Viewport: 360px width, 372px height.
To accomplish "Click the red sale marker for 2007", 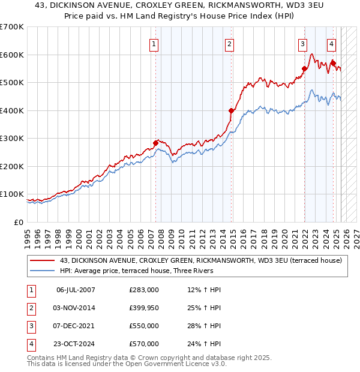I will coord(155,143).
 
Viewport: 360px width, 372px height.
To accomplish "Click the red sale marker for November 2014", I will coord(231,110).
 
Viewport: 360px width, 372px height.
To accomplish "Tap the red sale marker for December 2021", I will coord(304,68).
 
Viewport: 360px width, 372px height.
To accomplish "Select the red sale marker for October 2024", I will coord(333,62).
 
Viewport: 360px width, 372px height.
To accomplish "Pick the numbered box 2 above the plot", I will coord(230,43).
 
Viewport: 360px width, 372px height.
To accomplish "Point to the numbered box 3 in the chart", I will coord(303,43).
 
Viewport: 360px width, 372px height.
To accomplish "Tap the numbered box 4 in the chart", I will coord(331,43).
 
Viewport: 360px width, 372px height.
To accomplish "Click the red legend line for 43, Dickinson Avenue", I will coord(43,260).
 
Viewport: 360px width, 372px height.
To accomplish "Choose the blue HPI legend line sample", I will coord(43,271).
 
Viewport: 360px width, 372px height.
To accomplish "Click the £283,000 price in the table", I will coord(144,290).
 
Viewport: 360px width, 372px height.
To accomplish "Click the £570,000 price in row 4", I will coord(144,344).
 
